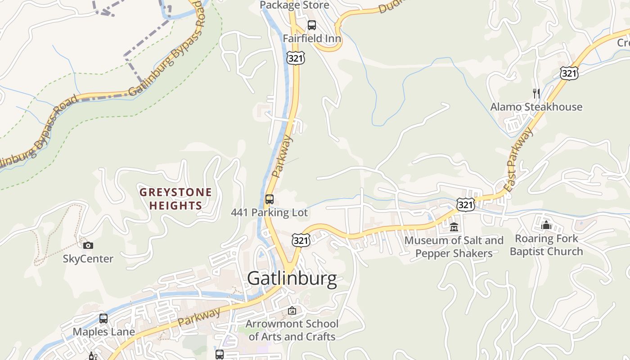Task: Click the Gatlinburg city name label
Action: tap(292, 279)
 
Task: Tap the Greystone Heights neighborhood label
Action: tap(175, 199)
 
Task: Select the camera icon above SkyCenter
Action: tap(88, 245)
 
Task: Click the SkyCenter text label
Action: tap(88, 259)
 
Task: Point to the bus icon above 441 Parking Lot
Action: tap(269, 199)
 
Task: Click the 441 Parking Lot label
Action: tap(269, 212)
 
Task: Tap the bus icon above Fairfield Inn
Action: tap(311, 25)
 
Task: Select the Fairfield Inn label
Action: tap(311, 39)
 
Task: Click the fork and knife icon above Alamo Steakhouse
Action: tap(536, 94)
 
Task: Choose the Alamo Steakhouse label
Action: tap(536, 107)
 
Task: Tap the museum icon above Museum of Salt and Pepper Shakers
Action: tap(454, 227)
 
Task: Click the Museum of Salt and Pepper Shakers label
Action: tap(454, 247)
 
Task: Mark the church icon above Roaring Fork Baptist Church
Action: tap(546, 225)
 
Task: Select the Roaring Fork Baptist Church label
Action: tap(546, 245)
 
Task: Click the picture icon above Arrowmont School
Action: tap(292, 310)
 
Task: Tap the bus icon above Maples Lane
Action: tap(103, 319)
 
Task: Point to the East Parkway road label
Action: tap(520, 160)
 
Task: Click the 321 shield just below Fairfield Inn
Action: tap(296, 58)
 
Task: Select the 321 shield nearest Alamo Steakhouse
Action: tap(569, 73)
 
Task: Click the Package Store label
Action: tap(295, 5)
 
